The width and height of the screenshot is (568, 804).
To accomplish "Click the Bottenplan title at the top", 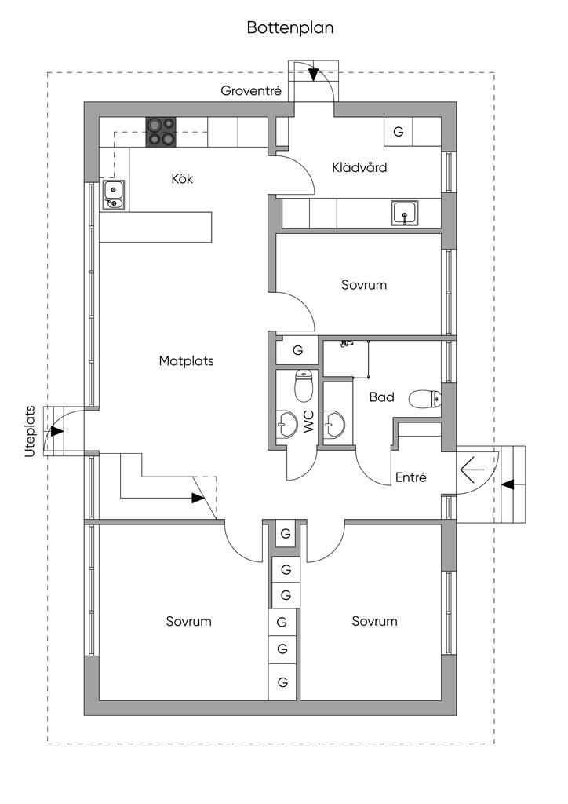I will [x=290, y=28].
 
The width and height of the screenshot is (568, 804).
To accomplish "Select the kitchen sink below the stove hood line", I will [x=114, y=194].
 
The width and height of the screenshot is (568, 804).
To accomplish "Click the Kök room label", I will [x=182, y=178].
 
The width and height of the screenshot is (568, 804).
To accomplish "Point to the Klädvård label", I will [x=359, y=167].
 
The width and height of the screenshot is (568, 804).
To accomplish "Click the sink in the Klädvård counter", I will [x=405, y=212].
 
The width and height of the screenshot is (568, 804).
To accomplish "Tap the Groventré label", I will [x=251, y=91].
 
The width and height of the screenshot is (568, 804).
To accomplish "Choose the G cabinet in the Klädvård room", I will [x=399, y=132].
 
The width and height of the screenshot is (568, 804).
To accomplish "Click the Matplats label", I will [x=187, y=361].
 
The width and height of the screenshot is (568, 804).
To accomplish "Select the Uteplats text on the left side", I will [x=31, y=431].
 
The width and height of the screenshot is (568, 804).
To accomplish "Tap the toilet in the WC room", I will [x=303, y=385].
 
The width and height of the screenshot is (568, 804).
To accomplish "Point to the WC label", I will [x=308, y=422].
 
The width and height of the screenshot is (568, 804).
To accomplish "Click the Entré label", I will [x=410, y=477].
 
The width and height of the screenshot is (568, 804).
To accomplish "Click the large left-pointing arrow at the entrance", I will [x=472, y=470].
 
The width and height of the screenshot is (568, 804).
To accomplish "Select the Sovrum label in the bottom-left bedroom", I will [x=188, y=621].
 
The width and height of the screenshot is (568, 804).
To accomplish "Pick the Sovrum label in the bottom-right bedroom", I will [x=374, y=621].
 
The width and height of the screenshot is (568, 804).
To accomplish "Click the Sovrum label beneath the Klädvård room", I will [x=364, y=284].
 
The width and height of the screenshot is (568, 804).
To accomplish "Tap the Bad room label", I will [x=382, y=397].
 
